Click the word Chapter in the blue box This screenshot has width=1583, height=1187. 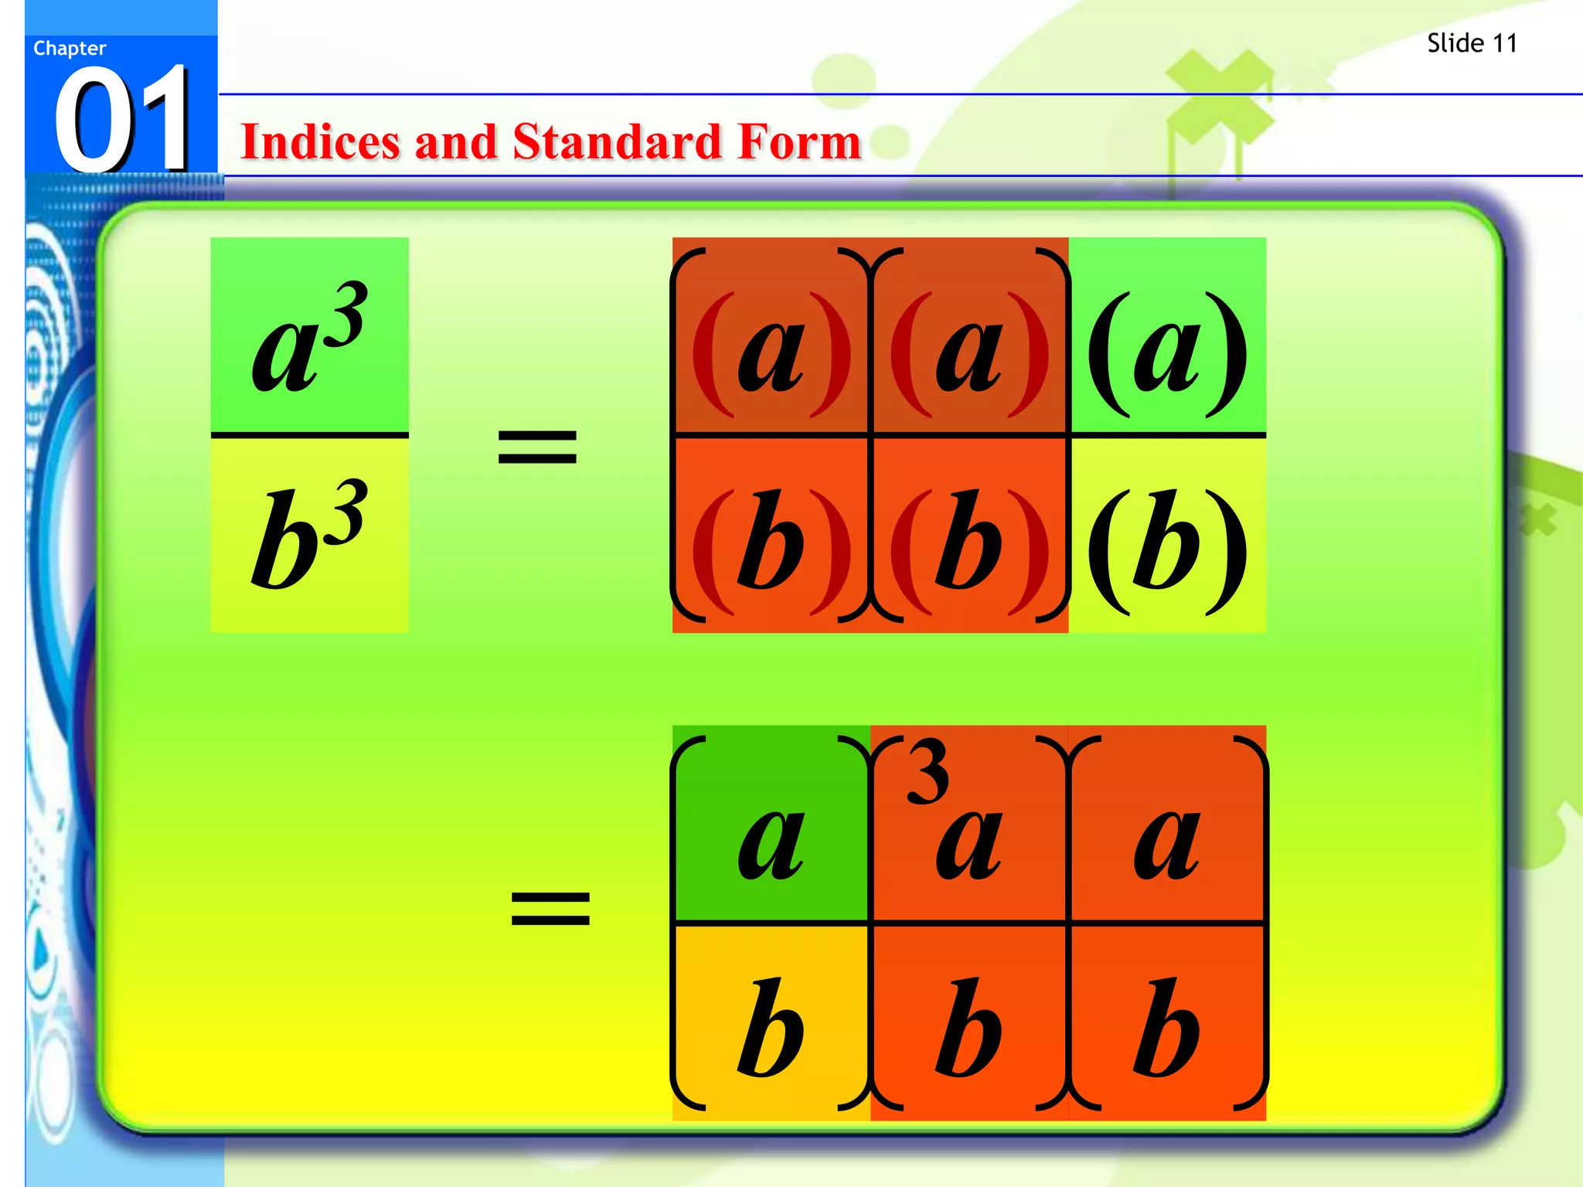click(70, 49)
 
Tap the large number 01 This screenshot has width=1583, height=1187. click(122, 120)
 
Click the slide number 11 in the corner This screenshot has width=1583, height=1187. click(1503, 43)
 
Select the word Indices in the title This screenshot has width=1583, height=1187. click(320, 142)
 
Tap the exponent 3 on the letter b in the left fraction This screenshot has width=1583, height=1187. click(349, 510)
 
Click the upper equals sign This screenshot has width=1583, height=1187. click(537, 447)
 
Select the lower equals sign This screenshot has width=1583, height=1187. click(550, 907)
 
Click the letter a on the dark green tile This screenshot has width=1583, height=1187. click(771, 842)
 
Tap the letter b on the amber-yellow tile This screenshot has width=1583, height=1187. click(770, 1028)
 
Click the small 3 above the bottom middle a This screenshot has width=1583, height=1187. click(928, 771)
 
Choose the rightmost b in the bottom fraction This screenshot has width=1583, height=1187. click(1166, 1028)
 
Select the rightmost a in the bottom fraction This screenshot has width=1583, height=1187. click(1166, 842)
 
